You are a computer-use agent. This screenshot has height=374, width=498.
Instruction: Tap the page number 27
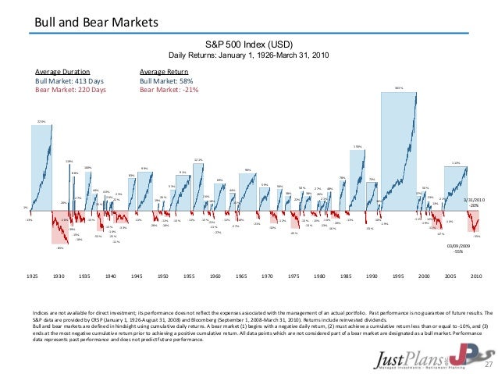pos(489,365)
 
